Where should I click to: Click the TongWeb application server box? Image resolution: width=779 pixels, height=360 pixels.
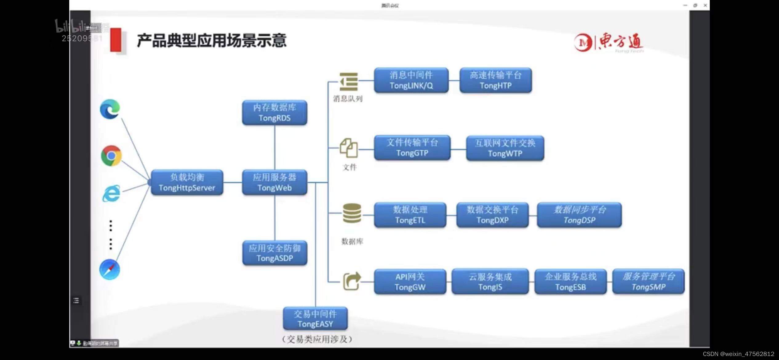tap(274, 182)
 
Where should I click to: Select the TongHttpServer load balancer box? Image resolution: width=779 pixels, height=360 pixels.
tap(187, 182)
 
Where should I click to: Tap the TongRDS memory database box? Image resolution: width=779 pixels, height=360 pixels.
tap(274, 113)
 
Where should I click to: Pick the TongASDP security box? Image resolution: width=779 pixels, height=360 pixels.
tap(274, 253)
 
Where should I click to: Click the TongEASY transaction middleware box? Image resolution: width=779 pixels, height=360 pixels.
tap(315, 319)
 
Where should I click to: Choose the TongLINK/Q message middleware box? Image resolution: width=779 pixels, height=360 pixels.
tap(411, 80)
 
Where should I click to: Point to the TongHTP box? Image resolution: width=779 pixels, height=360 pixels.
tap(495, 80)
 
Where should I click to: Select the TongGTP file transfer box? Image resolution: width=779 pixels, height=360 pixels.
tap(412, 148)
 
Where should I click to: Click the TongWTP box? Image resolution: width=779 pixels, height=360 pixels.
tap(505, 148)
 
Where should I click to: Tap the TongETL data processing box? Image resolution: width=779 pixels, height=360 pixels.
tap(410, 215)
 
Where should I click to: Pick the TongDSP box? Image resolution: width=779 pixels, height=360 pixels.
tap(579, 215)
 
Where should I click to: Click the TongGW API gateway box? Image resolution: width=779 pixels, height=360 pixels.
tap(410, 282)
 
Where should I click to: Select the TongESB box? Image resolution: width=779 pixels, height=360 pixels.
tap(570, 282)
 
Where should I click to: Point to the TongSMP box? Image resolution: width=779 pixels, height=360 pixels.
tap(648, 282)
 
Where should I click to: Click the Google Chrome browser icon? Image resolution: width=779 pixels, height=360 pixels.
tap(111, 156)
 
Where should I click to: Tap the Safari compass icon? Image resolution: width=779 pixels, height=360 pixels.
tap(110, 270)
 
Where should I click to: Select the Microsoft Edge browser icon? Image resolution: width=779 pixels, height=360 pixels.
tap(110, 109)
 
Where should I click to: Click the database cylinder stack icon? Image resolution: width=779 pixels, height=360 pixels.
tap(352, 213)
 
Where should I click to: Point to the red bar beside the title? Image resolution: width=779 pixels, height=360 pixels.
tap(116, 40)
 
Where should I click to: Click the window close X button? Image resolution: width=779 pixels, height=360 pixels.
tap(705, 5)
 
